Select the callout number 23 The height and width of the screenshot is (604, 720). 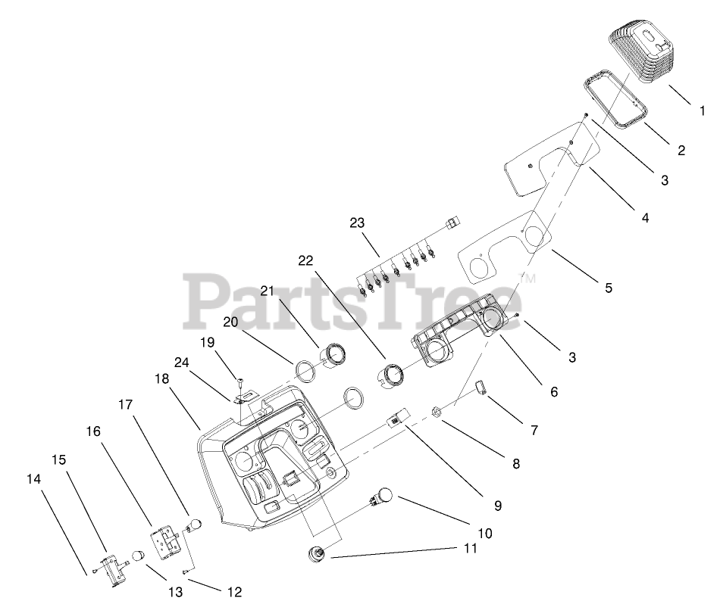click(357, 223)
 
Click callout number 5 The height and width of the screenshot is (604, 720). click(609, 288)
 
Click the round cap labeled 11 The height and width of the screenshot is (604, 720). click(317, 553)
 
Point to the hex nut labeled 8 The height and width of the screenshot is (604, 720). click(437, 413)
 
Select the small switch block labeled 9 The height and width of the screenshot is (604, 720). click(398, 418)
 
